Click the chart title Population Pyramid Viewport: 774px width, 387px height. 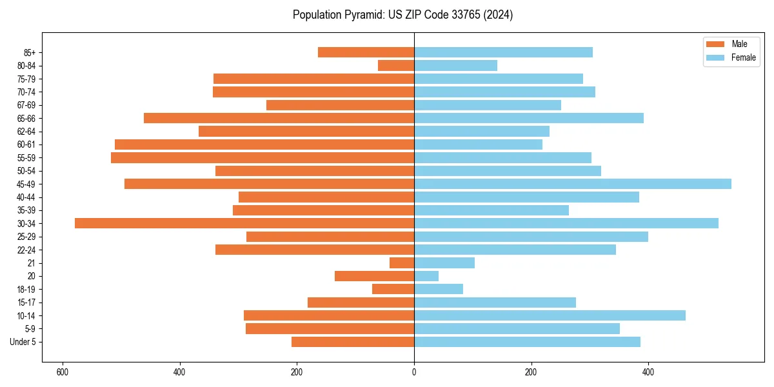coord(402,15)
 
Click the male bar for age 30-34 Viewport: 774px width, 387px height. coord(244,223)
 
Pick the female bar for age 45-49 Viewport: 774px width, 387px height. coord(572,184)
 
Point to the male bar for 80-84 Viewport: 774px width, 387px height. coord(396,65)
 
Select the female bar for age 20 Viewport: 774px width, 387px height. coord(426,276)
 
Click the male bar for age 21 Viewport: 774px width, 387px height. coord(402,263)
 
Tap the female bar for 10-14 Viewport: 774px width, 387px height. coord(550,315)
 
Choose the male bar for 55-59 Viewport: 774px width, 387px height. coord(263,157)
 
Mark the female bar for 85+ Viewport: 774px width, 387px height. coord(503,52)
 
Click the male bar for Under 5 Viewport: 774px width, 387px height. coord(353,342)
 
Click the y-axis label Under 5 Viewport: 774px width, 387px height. coord(23,342)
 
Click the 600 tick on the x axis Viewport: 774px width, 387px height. coord(63,372)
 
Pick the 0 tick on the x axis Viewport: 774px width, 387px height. coord(414,372)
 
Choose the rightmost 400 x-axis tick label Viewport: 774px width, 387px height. coord(648,372)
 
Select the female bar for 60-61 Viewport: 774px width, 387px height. coord(478,144)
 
